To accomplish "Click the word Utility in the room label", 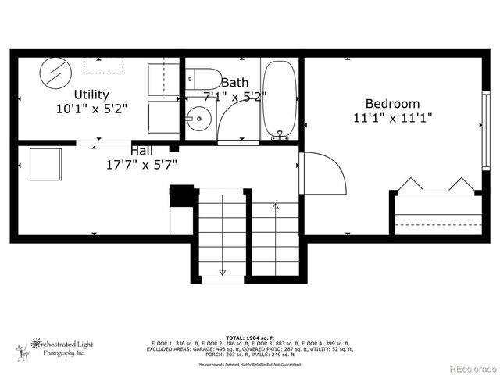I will [x=92, y=95].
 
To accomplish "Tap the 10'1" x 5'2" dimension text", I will [x=92, y=109].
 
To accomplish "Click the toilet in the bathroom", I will [x=203, y=79].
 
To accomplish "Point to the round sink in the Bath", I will [x=199, y=121].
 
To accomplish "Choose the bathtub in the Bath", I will [x=279, y=100].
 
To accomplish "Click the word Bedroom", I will [x=392, y=104].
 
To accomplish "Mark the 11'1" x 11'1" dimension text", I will [x=392, y=119].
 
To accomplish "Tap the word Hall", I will [x=141, y=150].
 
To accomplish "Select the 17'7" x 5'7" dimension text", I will [x=141, y=164].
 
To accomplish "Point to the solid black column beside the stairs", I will [x=182, y=195].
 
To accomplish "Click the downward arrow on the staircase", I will [x=222, y=270].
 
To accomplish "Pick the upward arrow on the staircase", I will [x=275, y=208].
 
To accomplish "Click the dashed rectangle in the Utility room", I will [x=102, y=65].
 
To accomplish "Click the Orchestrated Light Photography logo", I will [x=56, y=347].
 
